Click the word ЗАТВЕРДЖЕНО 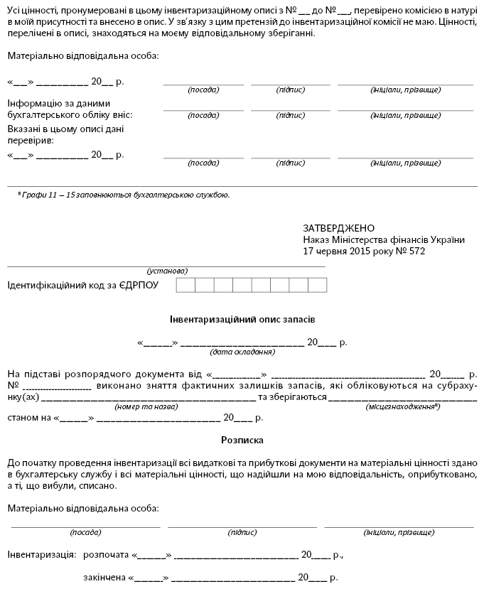click(x=338, y=228)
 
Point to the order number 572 click(x=416, y=251)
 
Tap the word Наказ click(x=316, y=239)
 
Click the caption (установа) click(x=167, y=271)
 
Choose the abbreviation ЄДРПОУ click(x=139, y=285)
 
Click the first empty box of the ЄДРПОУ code click(x=185, y=286)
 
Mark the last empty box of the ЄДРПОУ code click(x=318, y=286)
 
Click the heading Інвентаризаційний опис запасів click(x=242, y=319)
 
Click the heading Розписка click(x=242, y=440)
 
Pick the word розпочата click(x=106, y=553)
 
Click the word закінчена click(x=104, y=577)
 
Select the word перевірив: click(x=33, y=140)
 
